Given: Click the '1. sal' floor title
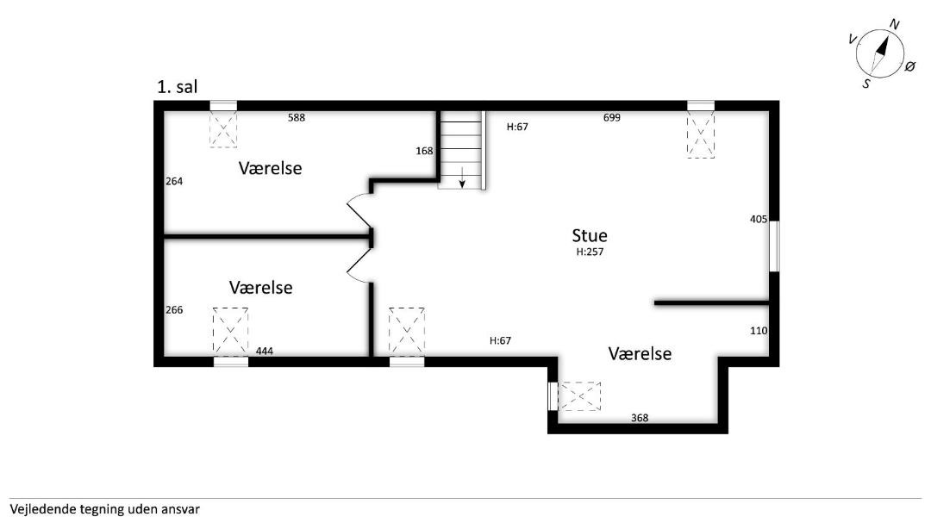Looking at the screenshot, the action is (x=177, y=87).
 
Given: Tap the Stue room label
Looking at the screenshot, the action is (x=590, y=235).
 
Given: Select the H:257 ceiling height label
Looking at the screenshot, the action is (x=590, y=252).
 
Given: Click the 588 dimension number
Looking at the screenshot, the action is (x=297, y=117).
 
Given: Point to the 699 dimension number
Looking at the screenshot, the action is (x=611, y=117).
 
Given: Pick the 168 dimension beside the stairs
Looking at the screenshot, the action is (x=424, y=151).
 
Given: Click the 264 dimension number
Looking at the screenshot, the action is (x=174, y=181).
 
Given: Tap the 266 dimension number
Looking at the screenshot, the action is (x=174, y=310).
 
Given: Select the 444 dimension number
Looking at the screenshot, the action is (x=265, y=351).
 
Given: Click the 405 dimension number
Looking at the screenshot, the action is (x=759, y=219).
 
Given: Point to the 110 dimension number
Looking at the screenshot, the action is (x=759, y=331).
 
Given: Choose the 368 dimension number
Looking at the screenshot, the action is (x=640, y=418).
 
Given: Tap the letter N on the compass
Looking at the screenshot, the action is (x=894, y=24).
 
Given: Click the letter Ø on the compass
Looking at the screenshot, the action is (x=909, y=66).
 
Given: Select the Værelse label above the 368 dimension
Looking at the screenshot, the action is (x=640, y=353).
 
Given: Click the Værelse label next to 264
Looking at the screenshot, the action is (x=270, y=168).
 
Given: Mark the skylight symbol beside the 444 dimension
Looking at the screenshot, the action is (x=230, y=332).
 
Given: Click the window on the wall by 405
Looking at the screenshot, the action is (x=774, y=246).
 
